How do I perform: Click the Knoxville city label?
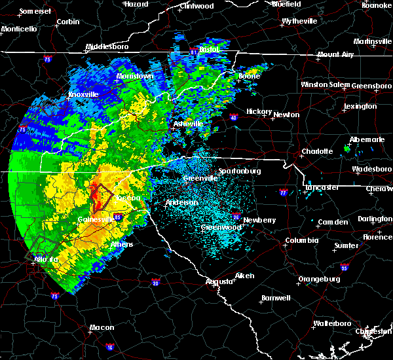(x=83, y=94)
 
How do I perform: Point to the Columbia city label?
(x=301, y=240)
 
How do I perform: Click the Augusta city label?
(x=218, y=281)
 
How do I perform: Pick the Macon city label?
(x=102, y=327)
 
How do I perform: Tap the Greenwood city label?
(x=217, y=227)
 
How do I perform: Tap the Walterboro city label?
(x=332, y=323)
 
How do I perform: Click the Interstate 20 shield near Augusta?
(x=155, y=282)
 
